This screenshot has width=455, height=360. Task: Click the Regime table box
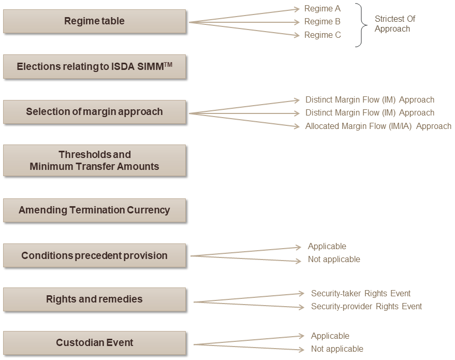click(x=94, y=21)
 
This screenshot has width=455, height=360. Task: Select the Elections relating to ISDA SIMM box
click(x=94, y=67)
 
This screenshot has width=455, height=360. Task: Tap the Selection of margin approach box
click(x=94, y=111)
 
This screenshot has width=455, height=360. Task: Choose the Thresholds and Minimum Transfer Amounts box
click(x=94, y=161)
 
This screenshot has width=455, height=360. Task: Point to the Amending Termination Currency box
click(x=94, y=210)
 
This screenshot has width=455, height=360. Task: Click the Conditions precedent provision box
click(x=94, y=255)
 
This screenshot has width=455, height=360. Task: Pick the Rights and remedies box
click(x=94, y=299)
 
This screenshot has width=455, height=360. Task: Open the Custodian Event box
click(x=94, y=343)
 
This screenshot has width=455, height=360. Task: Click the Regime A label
click(x=322, y=9)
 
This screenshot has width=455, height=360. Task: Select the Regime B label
click(x=322, y=22)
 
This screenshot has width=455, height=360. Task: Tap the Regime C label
click(x=322, y=35)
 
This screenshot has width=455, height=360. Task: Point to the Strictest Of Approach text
click(x=395, y=24)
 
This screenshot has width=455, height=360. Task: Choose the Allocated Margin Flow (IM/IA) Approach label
click(x=378, y=126)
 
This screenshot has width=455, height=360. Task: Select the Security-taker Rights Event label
click(x=361, y=294)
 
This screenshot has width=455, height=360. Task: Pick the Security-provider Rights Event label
click(x=366, y=307)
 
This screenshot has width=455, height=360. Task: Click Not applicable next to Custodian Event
click(x=337, y=349)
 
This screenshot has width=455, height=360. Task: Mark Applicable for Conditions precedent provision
click(x=327, y=247)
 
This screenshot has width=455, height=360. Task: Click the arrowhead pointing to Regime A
click(x=297, y=9)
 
